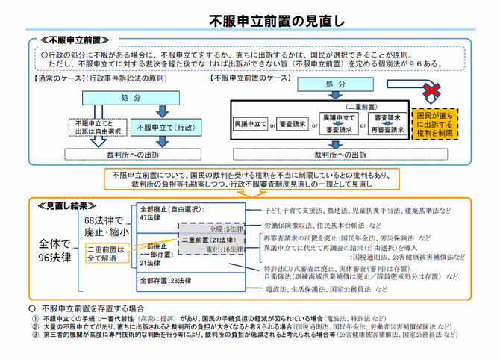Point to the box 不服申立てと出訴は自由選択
tap(92, 128)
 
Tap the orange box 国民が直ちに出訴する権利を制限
tap(436, 122)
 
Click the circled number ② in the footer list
tap(34, 326)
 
